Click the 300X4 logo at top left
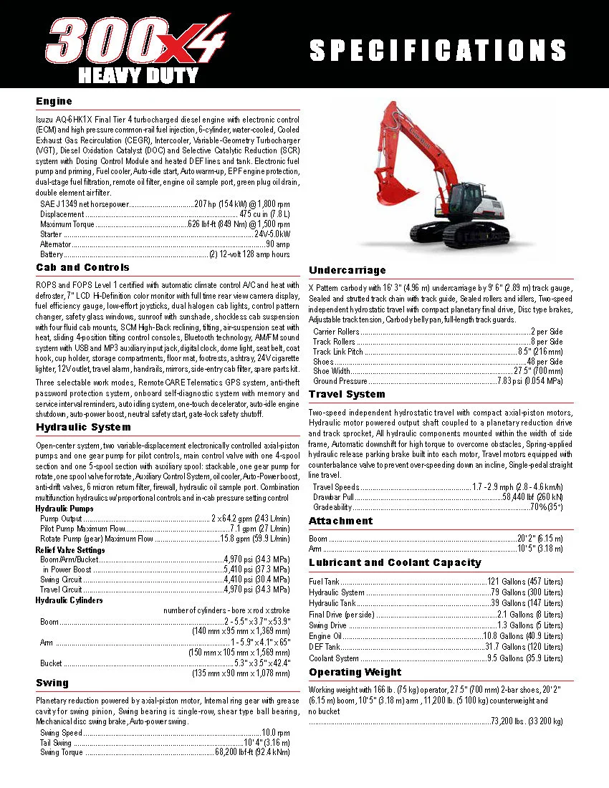click(136, 44)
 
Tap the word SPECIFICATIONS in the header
click(438, 50)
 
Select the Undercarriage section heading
click(347, 270)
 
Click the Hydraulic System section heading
click(83, 428)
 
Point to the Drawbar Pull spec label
click(333, 497)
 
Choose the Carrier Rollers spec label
click(336, 332)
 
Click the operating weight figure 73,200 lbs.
click(527, 721)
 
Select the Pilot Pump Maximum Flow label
click(83, 529)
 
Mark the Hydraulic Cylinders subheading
click(69, 600)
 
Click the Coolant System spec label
click(334, 658)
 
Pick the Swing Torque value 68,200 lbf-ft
click(252, 753)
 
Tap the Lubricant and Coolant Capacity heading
click(395, 562)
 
